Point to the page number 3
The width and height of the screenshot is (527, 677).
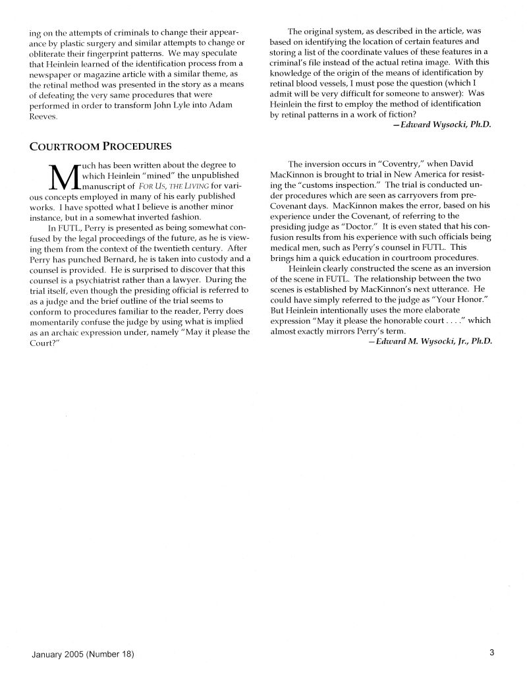491,653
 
